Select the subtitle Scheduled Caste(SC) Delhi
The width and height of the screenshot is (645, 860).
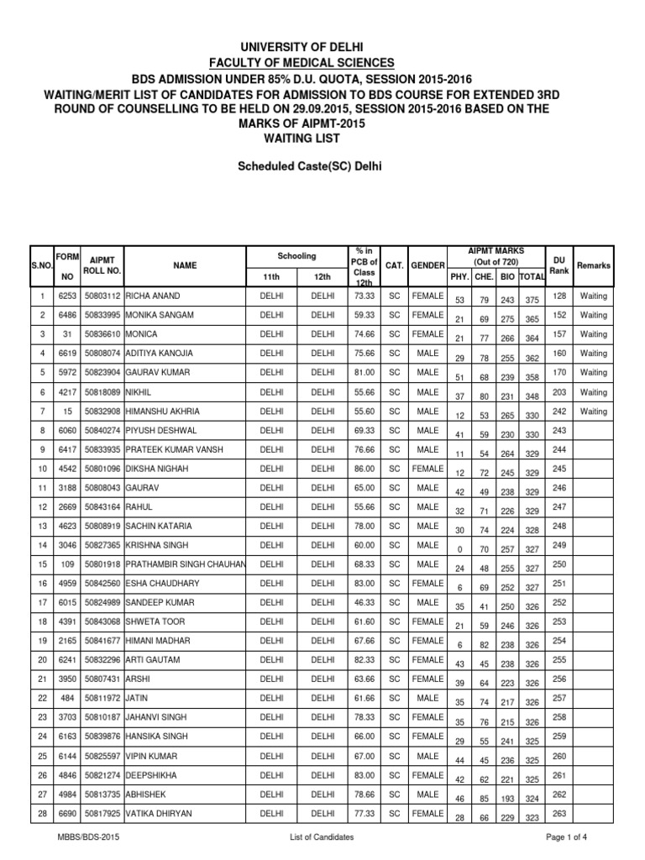coord(322,166)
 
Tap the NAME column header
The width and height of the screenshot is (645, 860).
coord(185,265)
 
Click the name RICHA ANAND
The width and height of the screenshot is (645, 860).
coord(153,296)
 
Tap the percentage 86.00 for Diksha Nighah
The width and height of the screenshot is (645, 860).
coord(363,469)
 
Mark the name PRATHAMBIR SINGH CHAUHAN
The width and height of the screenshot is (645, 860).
coord(186,564)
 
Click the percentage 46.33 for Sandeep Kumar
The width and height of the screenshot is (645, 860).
coord(363,603)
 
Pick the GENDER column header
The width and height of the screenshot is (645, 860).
coord(427,265)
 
